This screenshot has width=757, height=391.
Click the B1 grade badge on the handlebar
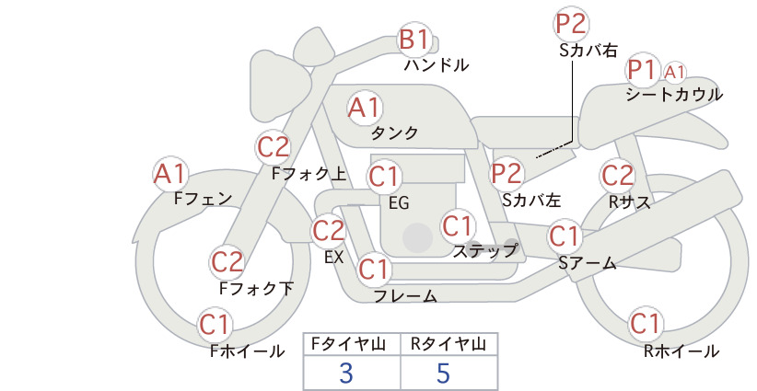point(414,39)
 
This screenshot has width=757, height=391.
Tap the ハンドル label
point(437,64)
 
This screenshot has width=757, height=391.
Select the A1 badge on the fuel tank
point(364,108)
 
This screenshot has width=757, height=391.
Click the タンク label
point(394,132)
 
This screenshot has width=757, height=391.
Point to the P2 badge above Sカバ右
point(571,24)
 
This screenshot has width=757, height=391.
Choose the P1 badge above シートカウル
point(643,71)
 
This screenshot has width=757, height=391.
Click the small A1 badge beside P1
point(674,73)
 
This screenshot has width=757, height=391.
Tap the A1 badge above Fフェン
point(169,174)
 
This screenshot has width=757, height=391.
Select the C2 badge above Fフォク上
point(274,147)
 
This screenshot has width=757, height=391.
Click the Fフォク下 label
point(256,288)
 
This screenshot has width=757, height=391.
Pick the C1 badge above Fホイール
point(214,325)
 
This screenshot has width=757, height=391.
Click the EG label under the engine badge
point(399,203)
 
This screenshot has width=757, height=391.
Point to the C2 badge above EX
point(329,230)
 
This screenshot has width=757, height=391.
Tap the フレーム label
point(405,295)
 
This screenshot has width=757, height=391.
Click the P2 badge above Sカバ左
point(507,173)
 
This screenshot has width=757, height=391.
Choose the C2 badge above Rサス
point(617,175)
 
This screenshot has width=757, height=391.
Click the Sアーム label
point(588,263)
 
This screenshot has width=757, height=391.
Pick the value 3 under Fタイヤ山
point(346,373)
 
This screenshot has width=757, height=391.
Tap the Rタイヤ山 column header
point(448,344)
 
